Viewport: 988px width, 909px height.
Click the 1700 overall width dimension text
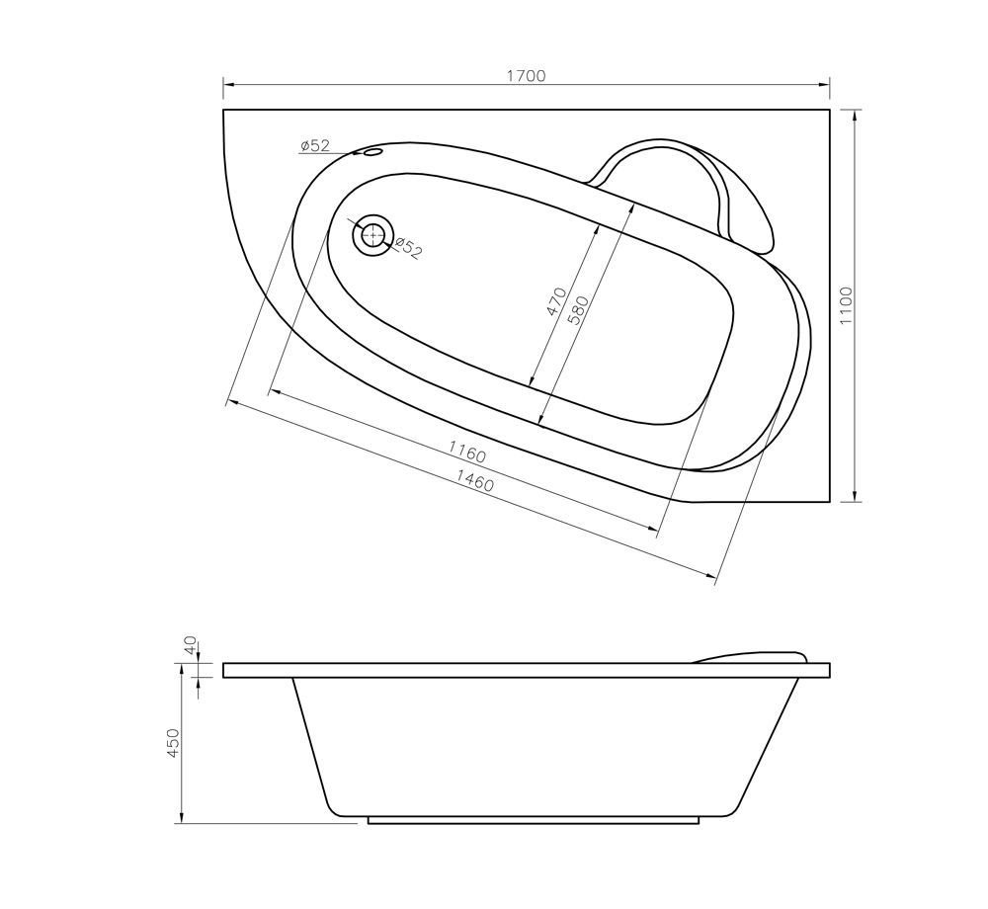coord(526,76)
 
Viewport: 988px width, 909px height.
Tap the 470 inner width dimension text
coord(556,301)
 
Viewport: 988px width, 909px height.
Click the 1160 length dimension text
coord(466,454)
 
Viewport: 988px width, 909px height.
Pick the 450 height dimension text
coord(172,743)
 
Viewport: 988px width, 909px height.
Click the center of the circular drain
coord(372,235)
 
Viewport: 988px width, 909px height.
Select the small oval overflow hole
coord(372,153)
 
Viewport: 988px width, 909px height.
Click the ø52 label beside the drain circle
coord(408,248)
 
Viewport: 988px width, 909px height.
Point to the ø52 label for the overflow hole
coord(315,146)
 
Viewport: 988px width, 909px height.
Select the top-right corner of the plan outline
coord(830,110)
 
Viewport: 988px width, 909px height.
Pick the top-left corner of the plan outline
coord(224,110)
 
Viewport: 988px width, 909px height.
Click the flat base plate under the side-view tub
coord(534,819)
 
